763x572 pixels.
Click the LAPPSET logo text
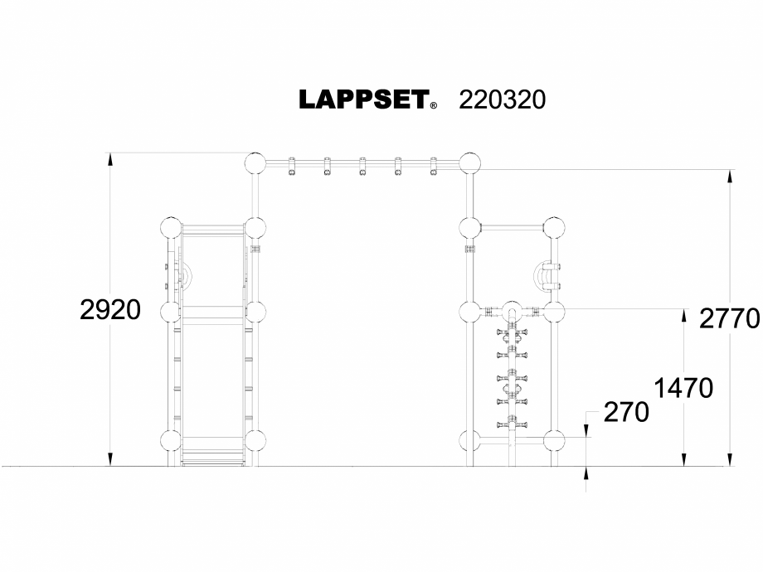point(363,99)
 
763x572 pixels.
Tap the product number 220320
point(502,99)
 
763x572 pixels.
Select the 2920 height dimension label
point(110,310)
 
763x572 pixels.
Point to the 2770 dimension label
point(730,318)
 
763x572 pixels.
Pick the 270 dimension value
point(625,412)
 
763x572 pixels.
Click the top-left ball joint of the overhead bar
point(255,162)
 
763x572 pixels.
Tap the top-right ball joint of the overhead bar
point(469,162)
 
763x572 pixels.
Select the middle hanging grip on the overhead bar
point(362,167)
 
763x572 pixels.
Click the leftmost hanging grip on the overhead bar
point(292,167)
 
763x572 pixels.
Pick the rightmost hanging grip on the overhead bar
point(433,167)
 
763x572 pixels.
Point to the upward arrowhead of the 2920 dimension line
point(109,158)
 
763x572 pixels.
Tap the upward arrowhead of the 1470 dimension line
point(683,314)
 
